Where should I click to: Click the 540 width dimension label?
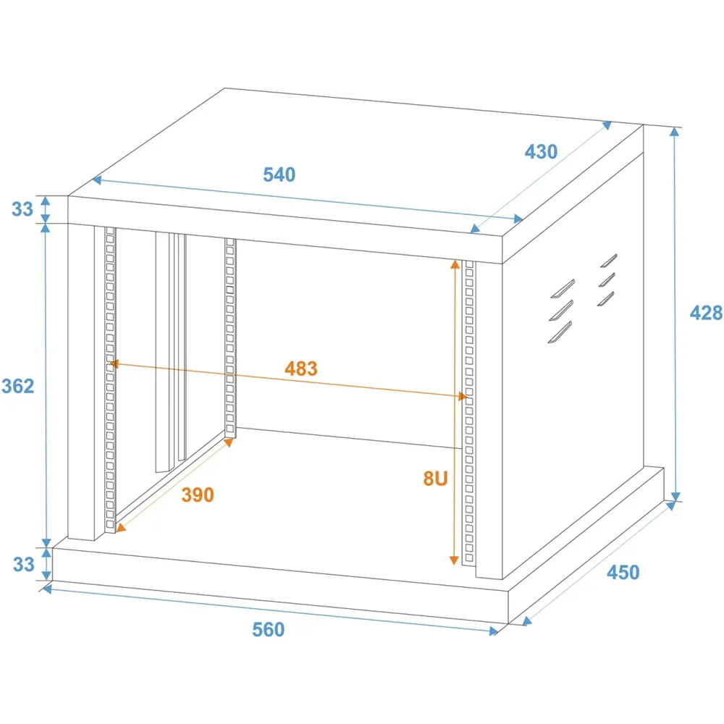279,174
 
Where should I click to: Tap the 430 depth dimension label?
541,152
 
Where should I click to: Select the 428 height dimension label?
706,313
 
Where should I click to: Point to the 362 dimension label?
18,386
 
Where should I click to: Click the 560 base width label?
269,630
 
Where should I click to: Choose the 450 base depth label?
623,573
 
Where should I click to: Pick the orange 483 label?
301,369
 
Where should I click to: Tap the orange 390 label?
198,495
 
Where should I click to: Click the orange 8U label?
435,479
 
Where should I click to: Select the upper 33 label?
22,209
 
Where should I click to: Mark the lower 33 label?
24,564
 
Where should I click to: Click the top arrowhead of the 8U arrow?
455,264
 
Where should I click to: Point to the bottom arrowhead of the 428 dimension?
675,497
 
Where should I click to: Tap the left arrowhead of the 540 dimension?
96,180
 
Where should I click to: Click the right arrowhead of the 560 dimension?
494,631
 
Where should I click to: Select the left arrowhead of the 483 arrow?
114,364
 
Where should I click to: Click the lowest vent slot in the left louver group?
560,332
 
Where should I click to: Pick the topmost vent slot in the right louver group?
609,261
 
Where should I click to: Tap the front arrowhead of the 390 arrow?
120,528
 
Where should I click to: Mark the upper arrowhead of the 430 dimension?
607,125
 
